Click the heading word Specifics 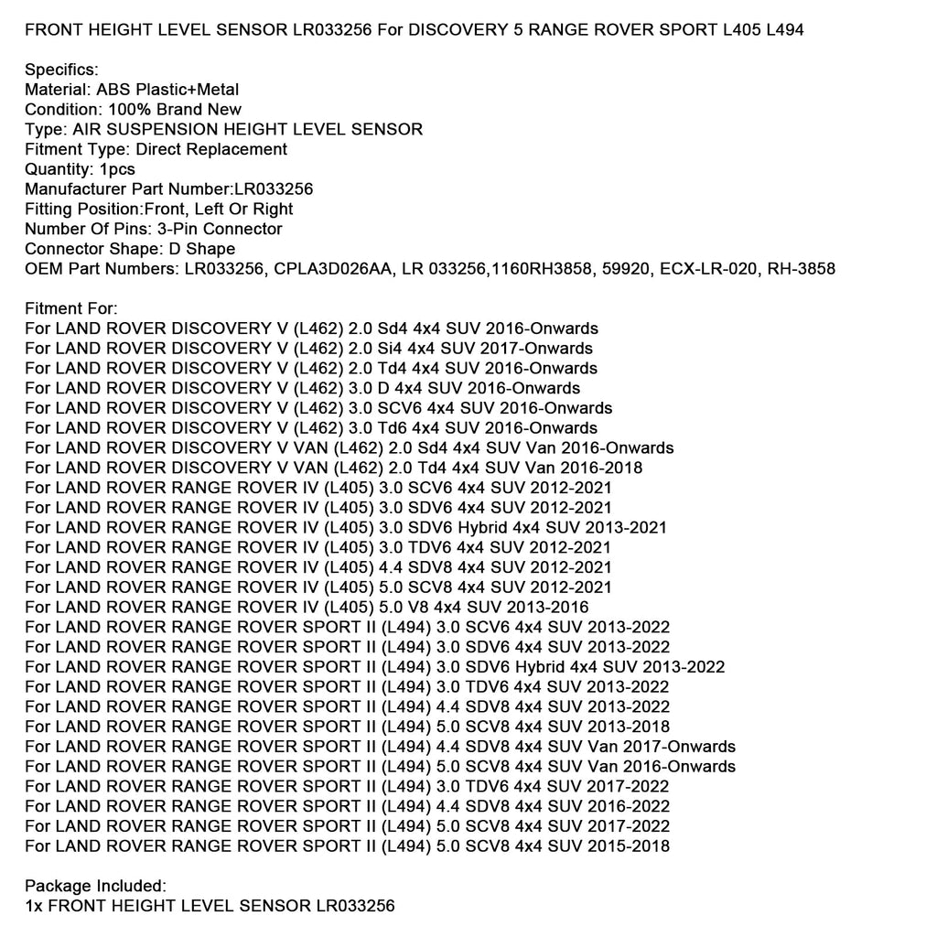click(61, 70)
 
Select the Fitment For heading click(71, 309)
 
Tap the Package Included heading click(95, 886)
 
